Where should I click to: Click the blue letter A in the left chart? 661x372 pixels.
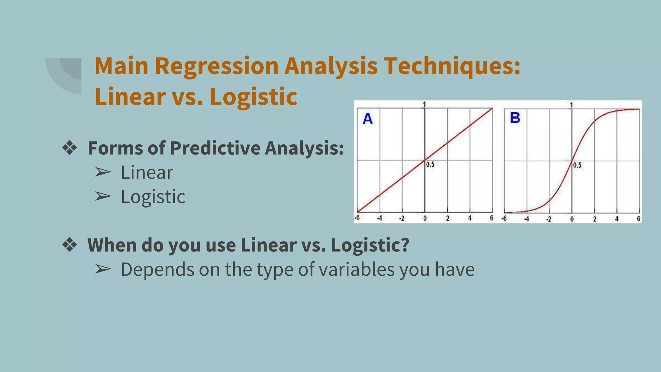pos(368,119)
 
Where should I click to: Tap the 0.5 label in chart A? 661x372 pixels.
pos(430,165)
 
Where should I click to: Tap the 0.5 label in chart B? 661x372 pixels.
pos(577,165)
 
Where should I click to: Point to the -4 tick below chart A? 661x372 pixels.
pos(380,218)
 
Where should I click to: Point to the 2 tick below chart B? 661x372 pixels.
pos(595,219)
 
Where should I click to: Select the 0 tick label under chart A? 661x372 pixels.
pos(425,219)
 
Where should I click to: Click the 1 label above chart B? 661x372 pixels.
pos(571,105)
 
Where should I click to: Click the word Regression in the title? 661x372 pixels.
pos(217,66)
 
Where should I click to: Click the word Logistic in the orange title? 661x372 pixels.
pos(253,97)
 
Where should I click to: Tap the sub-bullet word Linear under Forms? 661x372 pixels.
pos(147,172)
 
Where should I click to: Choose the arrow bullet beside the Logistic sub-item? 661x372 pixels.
pos(103,196)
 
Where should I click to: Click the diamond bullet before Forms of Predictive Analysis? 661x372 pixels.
pos(70,148)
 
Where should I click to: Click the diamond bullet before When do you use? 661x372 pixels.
pos(70,245)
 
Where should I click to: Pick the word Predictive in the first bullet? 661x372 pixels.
pos(215,148)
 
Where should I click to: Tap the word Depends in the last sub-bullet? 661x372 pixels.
pos(158,269)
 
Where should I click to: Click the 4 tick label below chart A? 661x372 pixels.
pos(470,218)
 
